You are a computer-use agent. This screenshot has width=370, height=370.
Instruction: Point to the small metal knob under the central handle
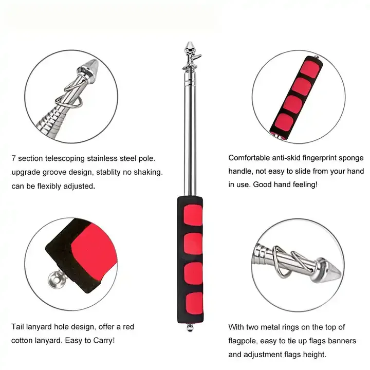coord(190,327)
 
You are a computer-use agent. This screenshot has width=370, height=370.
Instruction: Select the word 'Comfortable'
coord(251,158)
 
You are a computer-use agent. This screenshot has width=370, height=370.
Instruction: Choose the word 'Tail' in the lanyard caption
coord(18,326)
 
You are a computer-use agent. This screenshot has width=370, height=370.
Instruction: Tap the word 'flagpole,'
coord(246,341)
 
